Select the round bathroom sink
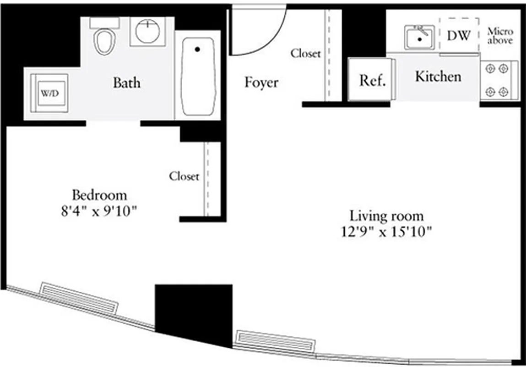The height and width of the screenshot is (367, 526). [147, 31]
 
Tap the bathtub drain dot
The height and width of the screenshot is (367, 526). [197, 49]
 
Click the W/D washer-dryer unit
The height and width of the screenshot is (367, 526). [49, 93]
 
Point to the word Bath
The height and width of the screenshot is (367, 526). [126, 83]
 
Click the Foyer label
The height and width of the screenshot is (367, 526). [261, 83]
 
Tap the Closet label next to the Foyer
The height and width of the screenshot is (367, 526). [306, 54]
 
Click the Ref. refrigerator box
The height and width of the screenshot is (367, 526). [372, 80]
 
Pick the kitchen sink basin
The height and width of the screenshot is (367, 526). [419, 38]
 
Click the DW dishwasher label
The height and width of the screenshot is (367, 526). [458, 36]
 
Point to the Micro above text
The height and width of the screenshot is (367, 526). [500, 36]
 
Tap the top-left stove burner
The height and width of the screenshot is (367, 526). [490, 69]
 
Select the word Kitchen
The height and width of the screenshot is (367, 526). [438, 77]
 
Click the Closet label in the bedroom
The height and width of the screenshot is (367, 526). [184, 176]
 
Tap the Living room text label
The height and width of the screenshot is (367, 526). [386, 216]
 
